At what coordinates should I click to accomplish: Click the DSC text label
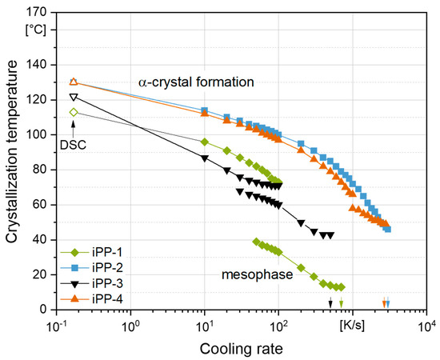click(74, 144)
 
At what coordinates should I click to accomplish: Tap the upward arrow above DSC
click(74, 127)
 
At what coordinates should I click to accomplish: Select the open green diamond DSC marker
click(74, 112)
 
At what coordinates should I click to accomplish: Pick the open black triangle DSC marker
click(74, 98)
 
